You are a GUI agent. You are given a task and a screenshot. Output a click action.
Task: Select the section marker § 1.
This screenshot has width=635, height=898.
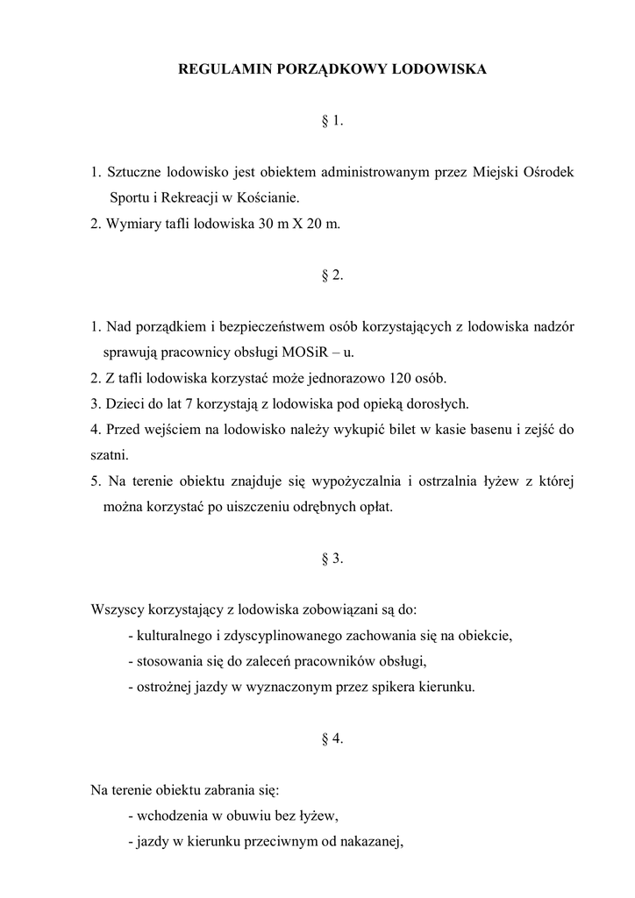tap(332, 121)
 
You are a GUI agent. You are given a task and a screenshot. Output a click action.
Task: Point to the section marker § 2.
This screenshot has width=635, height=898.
tap(332, 275)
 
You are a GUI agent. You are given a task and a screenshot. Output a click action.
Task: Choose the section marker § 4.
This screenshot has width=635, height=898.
tap(332, 738)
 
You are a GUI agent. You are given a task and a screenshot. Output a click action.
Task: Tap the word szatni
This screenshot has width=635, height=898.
tap(109, 455)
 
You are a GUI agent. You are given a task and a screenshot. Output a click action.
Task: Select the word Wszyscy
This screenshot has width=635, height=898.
tap(118, 609)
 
